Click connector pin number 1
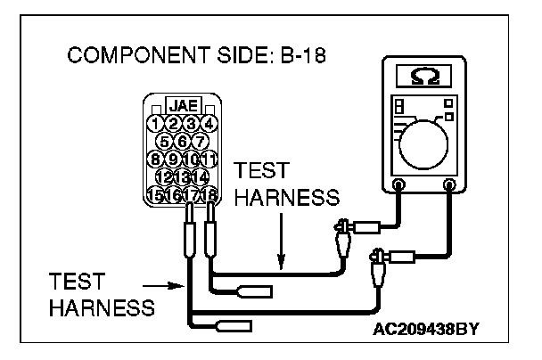point(156,123)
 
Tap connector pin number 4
point(209,123)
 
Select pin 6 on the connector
point(183,141)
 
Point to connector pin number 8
point(156,159)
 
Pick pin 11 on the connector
point(209,159)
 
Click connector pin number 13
point(183,176)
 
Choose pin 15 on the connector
point(156,194)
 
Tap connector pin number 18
point(209,194)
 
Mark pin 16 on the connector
point(174,194)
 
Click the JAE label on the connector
point(183,105)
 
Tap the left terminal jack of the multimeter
point(398,185)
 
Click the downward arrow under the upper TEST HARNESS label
point(281,250)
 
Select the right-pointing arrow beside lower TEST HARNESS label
point(169,285)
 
